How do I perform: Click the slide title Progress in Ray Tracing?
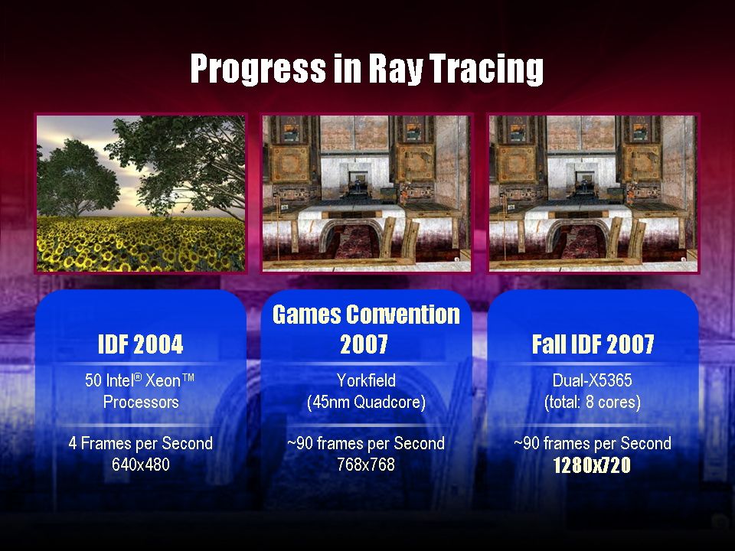[367, 69]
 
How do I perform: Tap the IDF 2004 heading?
[140, 345]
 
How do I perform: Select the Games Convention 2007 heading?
[366, 329]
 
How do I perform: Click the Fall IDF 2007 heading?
[593, 345]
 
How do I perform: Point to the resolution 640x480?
[140, 465]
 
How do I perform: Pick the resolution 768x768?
[366, 465]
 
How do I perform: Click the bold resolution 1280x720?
[592, 466]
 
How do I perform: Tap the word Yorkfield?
[366, 380]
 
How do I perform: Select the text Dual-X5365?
[592, 380]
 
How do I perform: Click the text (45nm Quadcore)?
[366, 402]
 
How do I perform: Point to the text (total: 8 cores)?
[592, 402]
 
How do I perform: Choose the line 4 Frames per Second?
[140, 443]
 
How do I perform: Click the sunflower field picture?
[141, 194]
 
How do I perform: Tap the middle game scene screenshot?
[366, 194]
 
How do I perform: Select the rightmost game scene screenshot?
[593, 194]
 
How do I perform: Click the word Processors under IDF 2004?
[141, 402]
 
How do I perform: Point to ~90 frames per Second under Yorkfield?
[366, 443]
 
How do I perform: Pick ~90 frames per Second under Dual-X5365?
[592, 443]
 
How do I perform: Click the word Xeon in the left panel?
[164, 380]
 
